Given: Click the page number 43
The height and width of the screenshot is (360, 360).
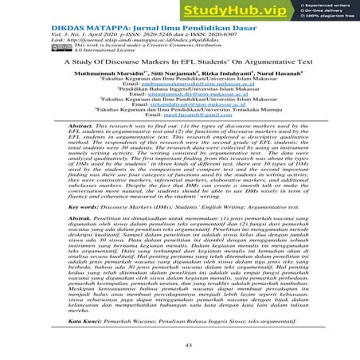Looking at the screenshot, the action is pyautogui.click(x=179, y=344).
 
